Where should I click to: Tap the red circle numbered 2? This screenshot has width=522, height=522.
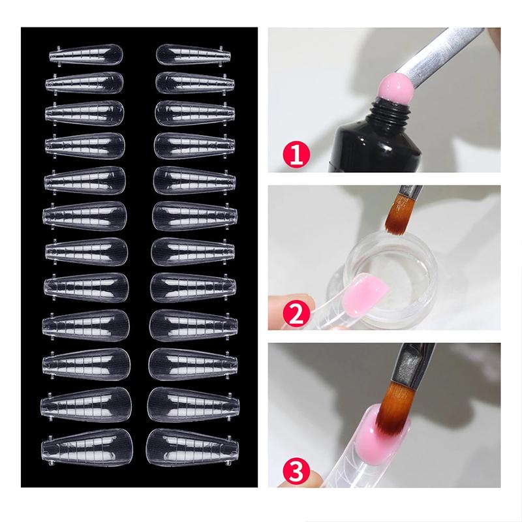[x=290, y=313]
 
